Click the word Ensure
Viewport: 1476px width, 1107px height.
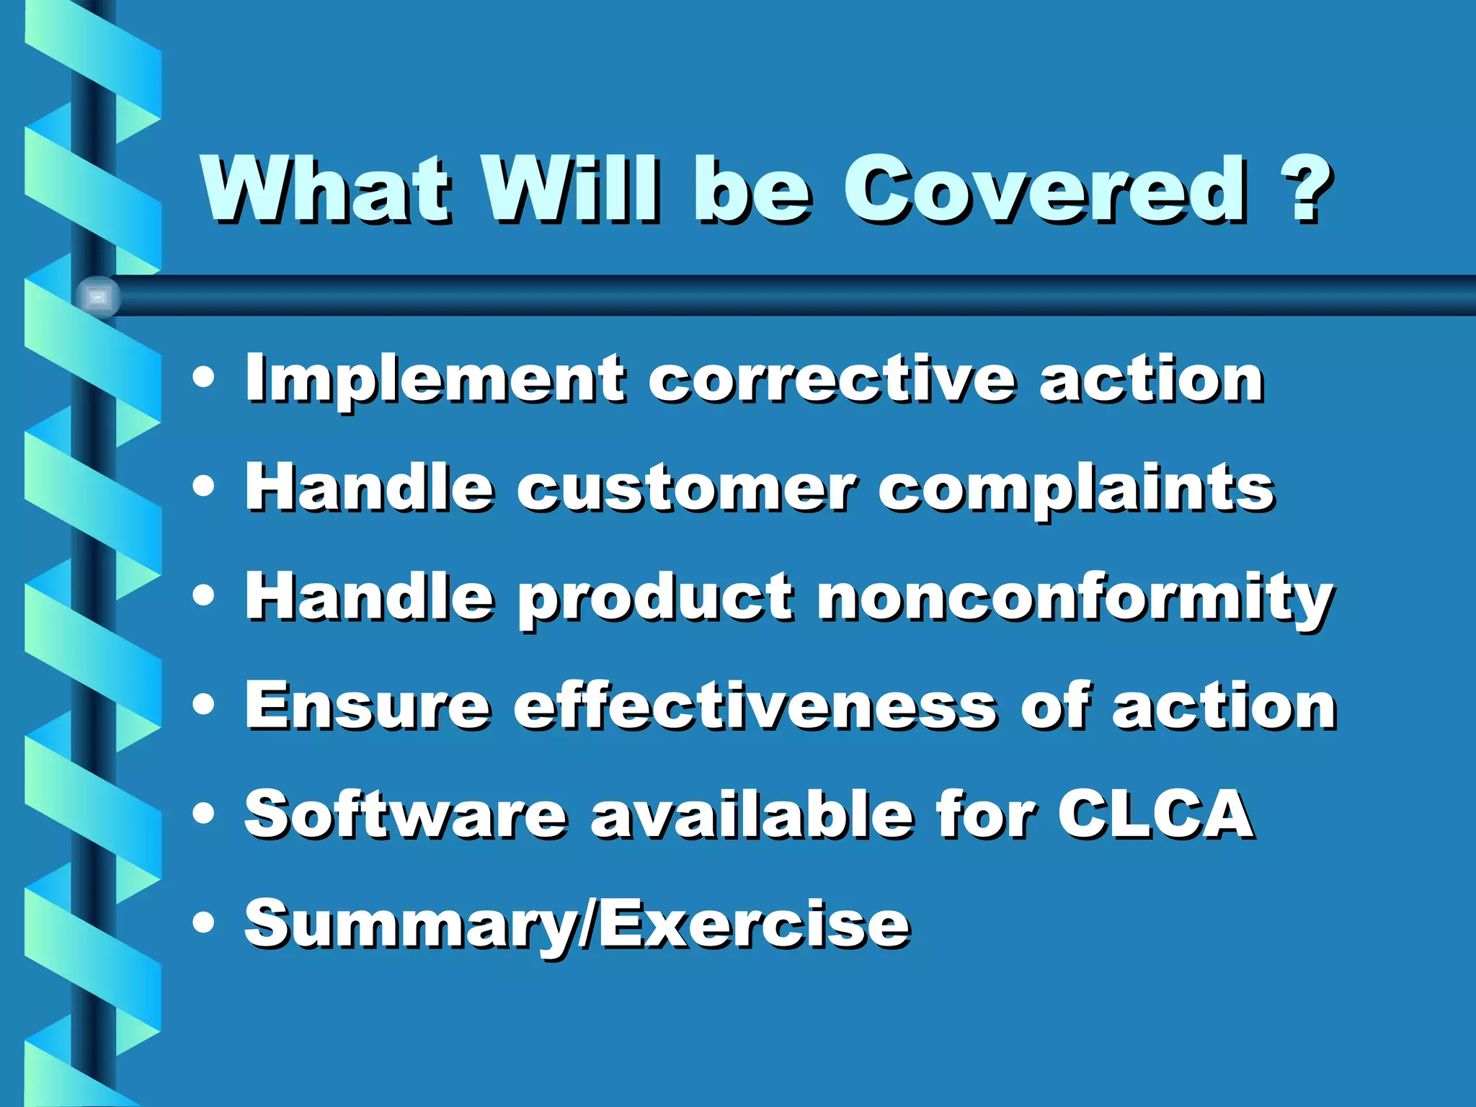(368, 706)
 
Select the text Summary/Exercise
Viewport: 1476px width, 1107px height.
(577, 924)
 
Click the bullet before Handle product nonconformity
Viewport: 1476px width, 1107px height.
(204, 595)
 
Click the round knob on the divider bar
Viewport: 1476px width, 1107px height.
(98, 296)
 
